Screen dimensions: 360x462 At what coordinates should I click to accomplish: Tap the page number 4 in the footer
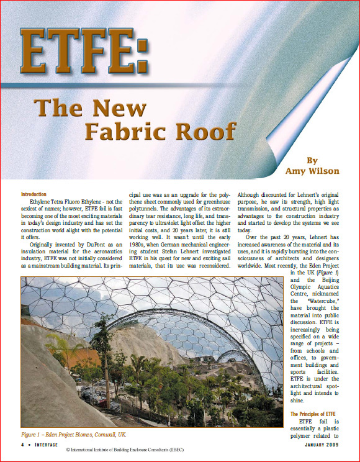point(22,445)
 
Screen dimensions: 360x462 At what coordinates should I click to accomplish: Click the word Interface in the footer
point(46,445)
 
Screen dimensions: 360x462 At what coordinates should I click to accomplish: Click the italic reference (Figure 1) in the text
point(328,273)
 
